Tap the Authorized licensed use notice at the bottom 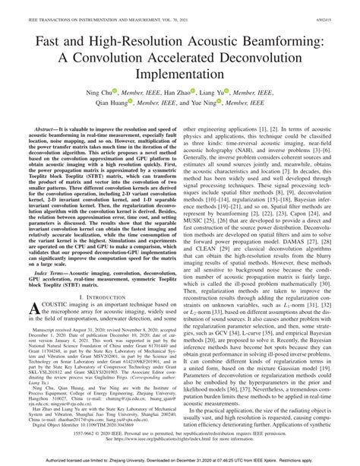point(180,461)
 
